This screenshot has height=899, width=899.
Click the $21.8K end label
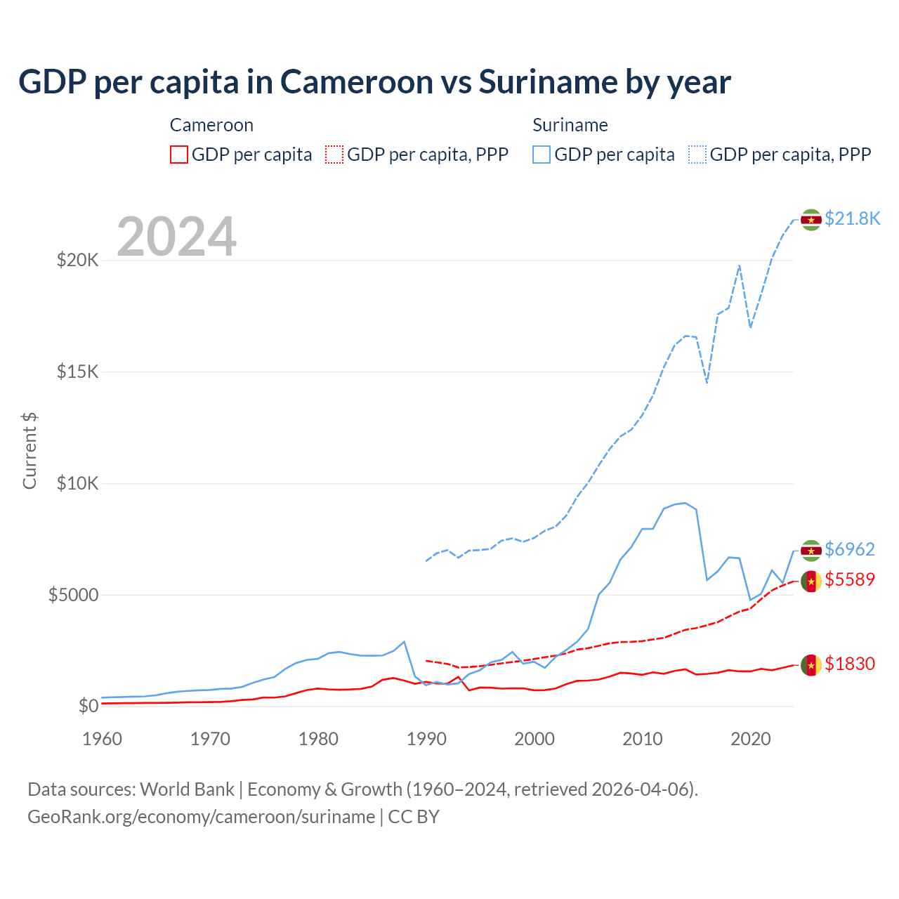852,219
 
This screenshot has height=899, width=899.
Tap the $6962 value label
849,549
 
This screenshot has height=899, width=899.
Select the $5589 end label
849,580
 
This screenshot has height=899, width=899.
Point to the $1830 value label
849,664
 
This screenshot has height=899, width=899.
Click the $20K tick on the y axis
77,261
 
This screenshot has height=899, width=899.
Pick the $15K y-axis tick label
77,372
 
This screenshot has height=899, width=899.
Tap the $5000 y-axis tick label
73,595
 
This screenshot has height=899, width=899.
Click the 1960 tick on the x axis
102,739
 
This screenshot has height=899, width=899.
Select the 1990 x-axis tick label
426,739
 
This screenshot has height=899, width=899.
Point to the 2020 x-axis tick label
751,739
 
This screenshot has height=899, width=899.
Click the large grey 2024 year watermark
176,237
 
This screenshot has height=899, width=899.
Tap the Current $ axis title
29,450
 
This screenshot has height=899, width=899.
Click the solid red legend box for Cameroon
179,155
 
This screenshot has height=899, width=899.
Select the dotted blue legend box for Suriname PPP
697,155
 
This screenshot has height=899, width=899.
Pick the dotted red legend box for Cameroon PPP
334,155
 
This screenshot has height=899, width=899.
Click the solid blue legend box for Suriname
542,155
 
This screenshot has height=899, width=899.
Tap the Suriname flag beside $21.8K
811,220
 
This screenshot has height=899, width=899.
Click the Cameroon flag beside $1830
811,664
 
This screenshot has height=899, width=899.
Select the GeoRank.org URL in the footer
201,817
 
